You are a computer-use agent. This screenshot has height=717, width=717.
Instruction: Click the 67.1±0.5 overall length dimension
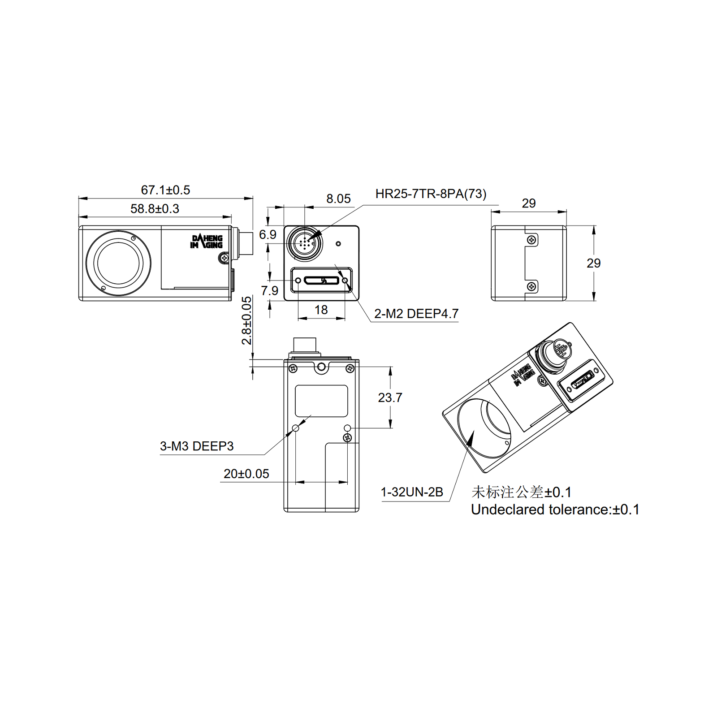pos(165,190)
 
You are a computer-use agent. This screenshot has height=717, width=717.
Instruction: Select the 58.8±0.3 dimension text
pos(155,209)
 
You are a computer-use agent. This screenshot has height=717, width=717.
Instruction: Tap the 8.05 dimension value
pos(338,199)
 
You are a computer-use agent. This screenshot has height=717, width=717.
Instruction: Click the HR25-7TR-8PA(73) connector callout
pos(431,194)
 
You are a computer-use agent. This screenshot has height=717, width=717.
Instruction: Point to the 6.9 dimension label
pos(268,234)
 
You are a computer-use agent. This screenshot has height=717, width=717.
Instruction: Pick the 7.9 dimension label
pos(269,291)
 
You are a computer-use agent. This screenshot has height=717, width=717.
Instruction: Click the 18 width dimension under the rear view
pos(321,310)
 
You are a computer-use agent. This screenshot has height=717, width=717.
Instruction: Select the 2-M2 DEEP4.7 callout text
pos(416,314)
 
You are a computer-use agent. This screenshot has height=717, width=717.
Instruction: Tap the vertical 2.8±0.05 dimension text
pos(246,320)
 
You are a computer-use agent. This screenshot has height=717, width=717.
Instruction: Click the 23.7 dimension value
pos(390,397)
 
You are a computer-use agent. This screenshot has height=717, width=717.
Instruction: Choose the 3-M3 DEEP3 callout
pos(197,446)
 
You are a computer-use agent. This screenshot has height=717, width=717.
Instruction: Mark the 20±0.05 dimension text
pos(246,474)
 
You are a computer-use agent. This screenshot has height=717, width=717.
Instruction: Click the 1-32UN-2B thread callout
pos(411,492)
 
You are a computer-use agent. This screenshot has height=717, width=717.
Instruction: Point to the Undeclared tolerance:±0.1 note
pos(555,510)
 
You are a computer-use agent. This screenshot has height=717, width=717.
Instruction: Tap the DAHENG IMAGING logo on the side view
pos(207,242)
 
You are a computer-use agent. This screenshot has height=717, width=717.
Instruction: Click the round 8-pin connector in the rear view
pos(305,244)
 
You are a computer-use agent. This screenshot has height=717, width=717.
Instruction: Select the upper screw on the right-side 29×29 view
pos(531,240)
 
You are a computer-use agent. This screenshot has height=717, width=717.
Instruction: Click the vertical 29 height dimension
pos(593,263)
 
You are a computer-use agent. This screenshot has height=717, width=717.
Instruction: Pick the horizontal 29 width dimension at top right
pos(528,203)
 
